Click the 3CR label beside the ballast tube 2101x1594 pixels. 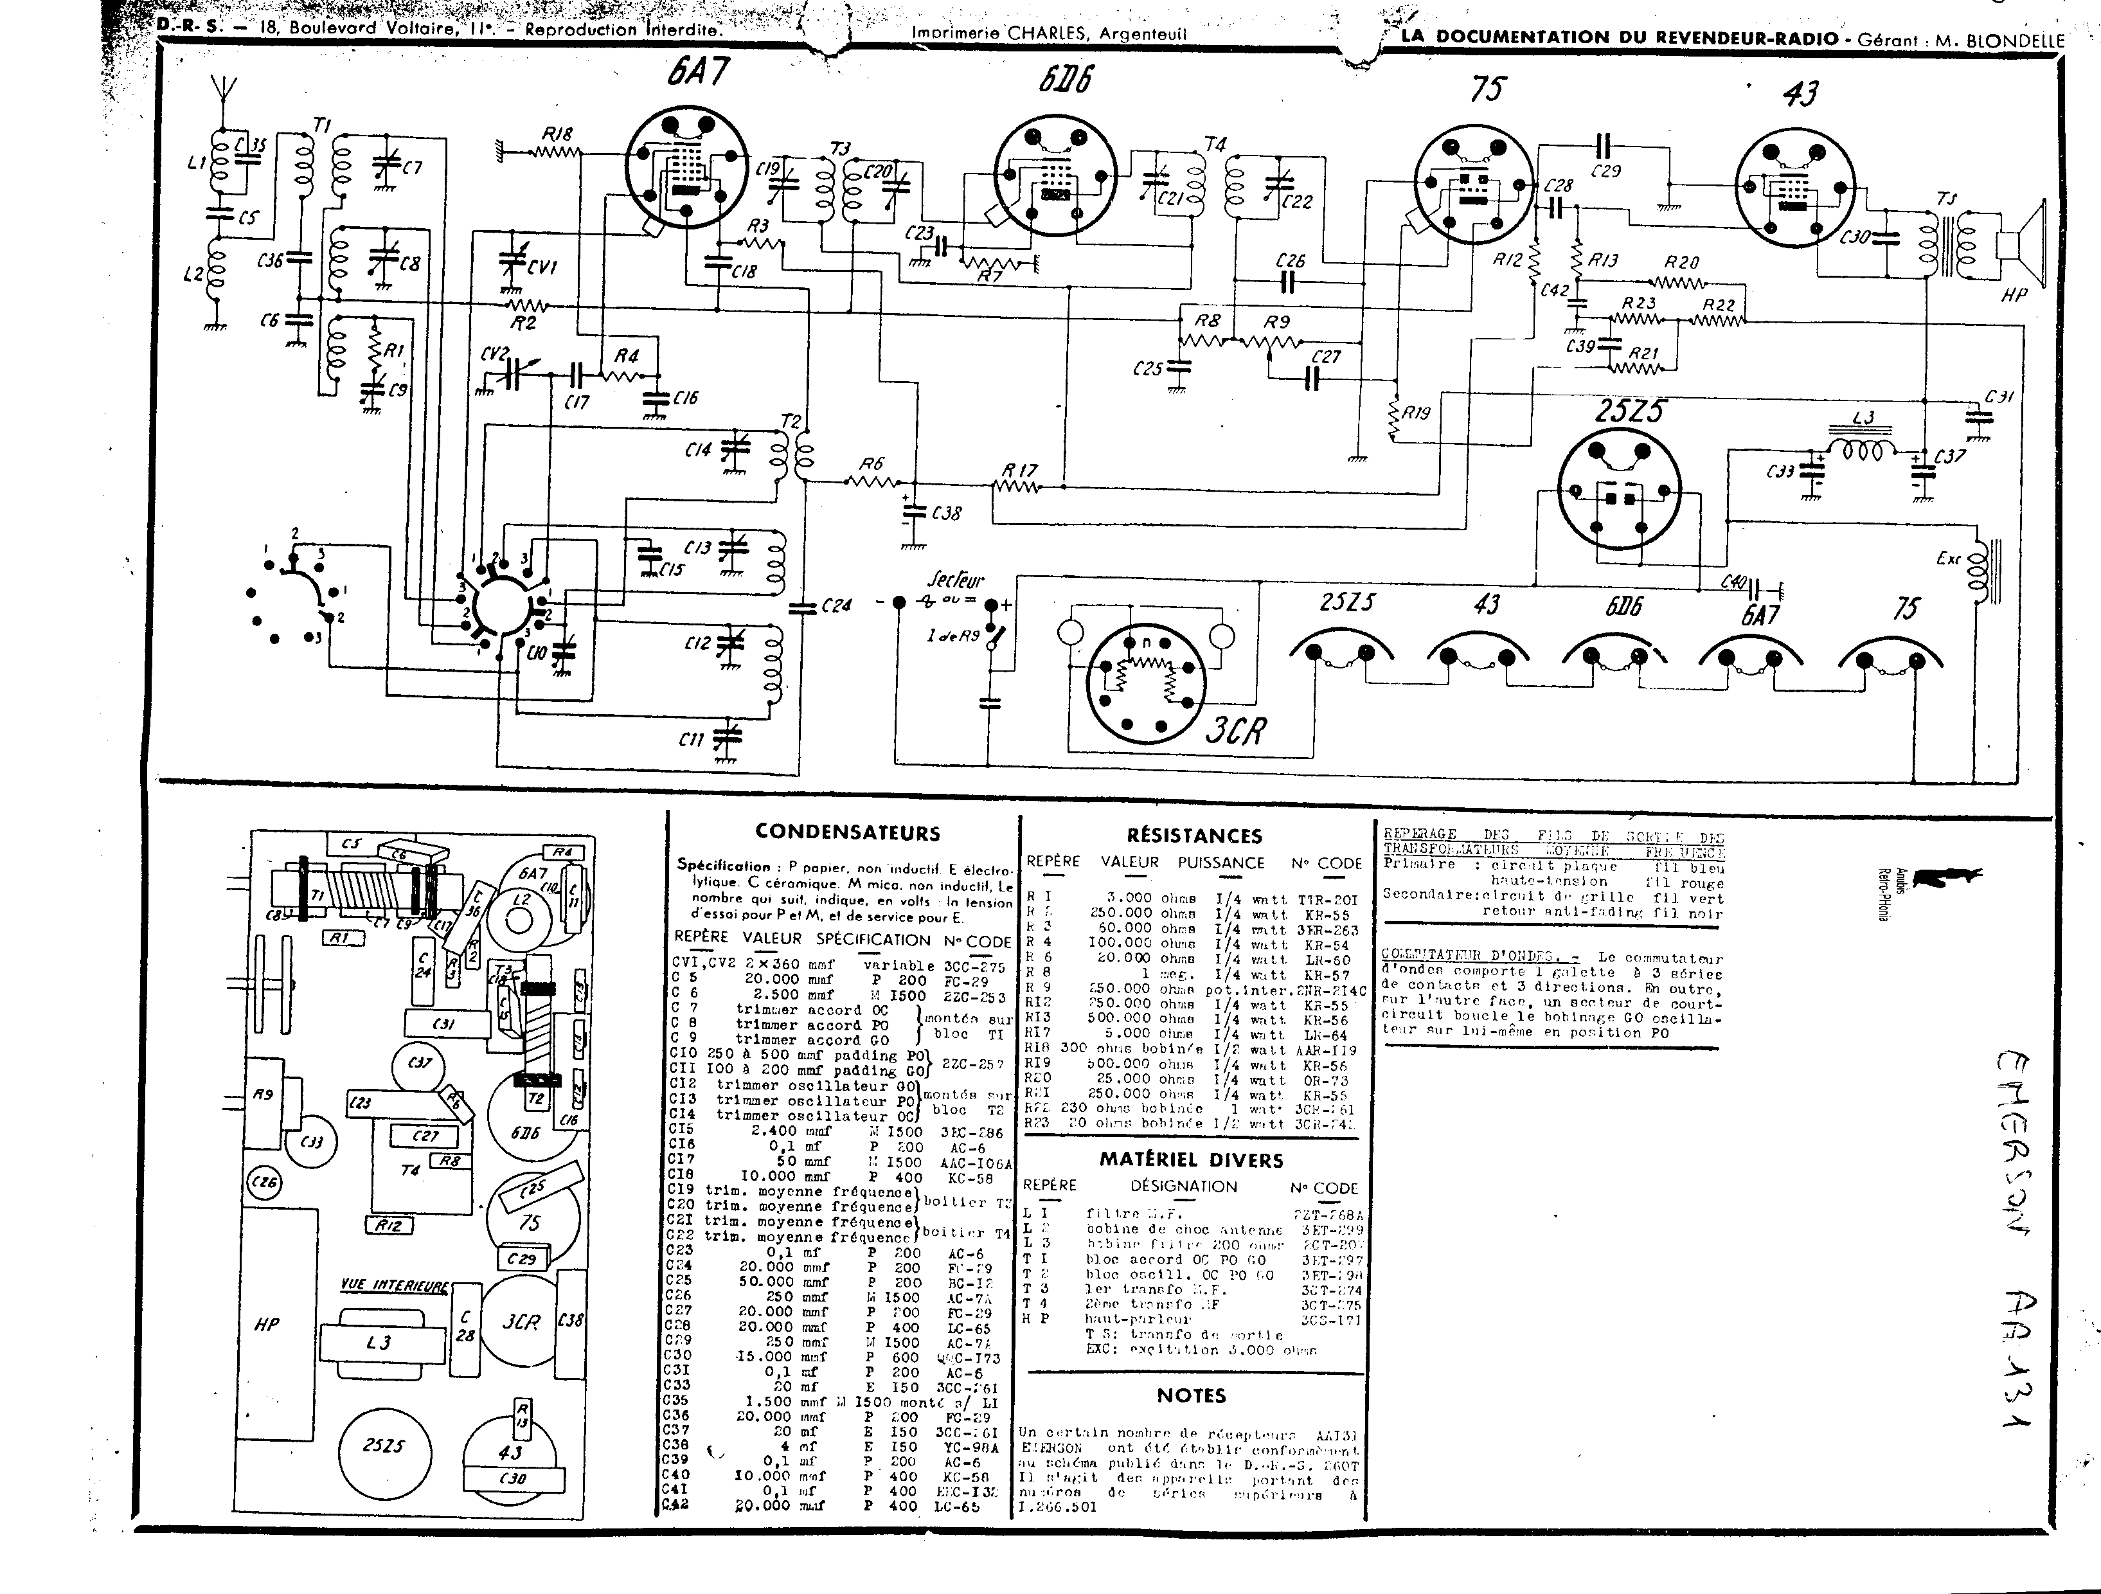(1236, 730)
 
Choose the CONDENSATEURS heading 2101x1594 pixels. (847, 833)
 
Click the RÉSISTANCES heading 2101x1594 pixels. (1194, 836)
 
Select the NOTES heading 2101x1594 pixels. (1191, 1395)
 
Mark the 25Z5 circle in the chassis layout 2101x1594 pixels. (383, 1445)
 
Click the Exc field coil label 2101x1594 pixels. (1948, 559)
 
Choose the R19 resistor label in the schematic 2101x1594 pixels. (1416, 413)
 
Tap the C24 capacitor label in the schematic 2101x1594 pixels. (837, 605)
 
